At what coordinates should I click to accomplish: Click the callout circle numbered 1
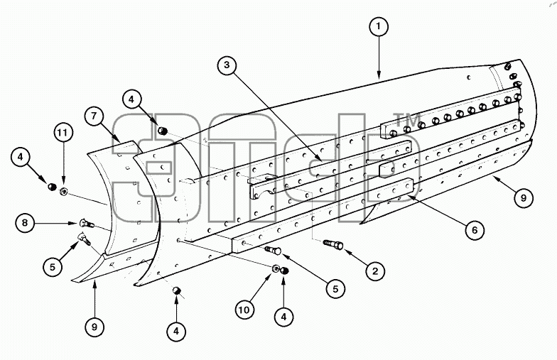(x=379, y=26)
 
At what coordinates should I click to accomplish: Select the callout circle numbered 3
(x=227, y=65)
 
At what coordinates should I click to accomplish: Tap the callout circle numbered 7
(x=94, y=116)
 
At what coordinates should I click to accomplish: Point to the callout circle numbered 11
(x=63, y=133)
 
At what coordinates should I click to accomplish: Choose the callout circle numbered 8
(x=25, y=223)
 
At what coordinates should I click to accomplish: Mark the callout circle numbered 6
(x=475, y=230)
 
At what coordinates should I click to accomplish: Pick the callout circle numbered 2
(x=375, y=271)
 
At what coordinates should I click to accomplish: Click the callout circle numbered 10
(x=244, y=310)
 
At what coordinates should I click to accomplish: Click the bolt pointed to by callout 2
(x=333, y=244)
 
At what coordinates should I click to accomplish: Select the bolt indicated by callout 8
(x=87, y=223)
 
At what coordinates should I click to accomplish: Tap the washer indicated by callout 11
(x=64, y=191)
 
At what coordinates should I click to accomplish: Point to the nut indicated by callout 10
(x=276, y=268)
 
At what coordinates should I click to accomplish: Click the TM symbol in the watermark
(x=408, y=119)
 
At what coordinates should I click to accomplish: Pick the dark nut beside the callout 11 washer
(x=53, y=186)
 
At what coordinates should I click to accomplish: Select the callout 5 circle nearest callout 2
(x=335, y=289)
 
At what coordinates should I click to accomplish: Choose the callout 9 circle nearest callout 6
(x=523, y=197)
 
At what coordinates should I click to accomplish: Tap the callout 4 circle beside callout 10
(x=284, y=317)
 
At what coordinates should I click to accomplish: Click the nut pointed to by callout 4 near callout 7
(x=163, y=131)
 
